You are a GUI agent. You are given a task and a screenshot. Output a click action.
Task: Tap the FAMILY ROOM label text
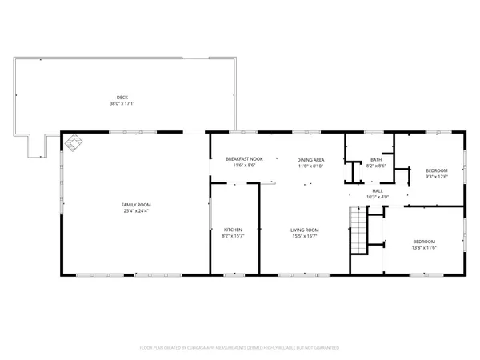click(136, 205)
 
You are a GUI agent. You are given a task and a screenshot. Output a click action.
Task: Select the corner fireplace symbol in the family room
click(74, 142)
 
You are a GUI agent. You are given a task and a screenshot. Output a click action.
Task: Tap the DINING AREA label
click(310, 159)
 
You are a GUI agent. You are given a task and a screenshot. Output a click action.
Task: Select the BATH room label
click(375, 159)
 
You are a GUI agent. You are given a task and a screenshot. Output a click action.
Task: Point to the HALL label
click(377, 191)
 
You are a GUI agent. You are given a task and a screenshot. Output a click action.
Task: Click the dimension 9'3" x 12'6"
click(436, 176)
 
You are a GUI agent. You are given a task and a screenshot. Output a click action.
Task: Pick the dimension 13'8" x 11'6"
click(424, 246)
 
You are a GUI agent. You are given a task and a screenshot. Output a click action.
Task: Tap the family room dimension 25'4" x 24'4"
click(136, 210)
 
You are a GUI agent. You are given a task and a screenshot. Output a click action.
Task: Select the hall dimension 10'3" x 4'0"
click(377, 197)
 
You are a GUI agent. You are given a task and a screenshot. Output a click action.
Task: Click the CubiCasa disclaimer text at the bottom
click(240, 348)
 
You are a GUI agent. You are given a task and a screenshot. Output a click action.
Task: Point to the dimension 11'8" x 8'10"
click(310, 165)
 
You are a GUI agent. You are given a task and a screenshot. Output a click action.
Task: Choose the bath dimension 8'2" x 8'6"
click(375, 165)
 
